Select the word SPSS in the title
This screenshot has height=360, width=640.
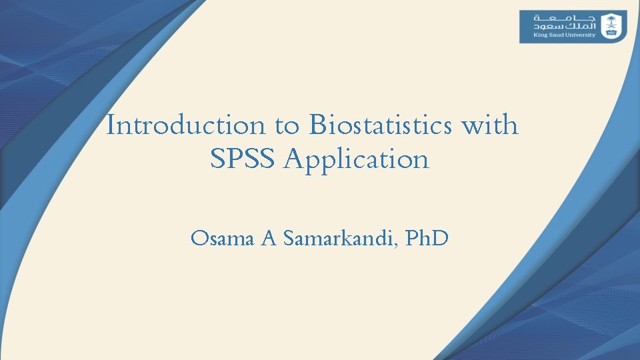(x=243, y=160)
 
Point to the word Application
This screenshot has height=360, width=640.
(x=356, y=160)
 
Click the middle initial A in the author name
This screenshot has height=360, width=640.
(x=269, y=238)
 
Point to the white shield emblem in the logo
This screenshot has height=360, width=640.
(x=611, y=27)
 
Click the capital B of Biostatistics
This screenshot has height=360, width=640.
(x=317, y=125)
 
